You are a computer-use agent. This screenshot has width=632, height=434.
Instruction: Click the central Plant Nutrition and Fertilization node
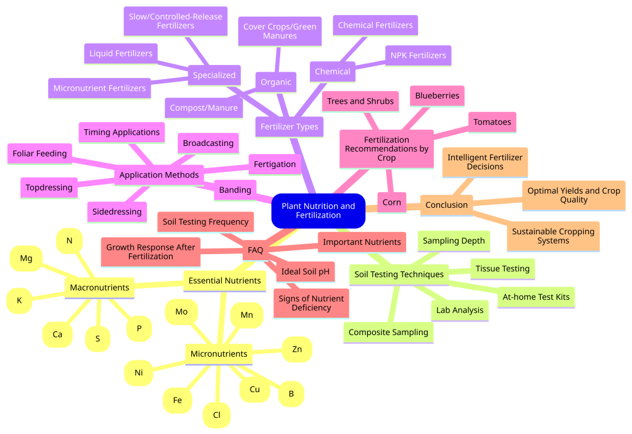tap(318, 211)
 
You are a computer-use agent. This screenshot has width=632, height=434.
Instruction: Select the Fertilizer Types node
tap(289, 127)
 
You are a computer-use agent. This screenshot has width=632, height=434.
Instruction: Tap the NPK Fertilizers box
tap(418, 56)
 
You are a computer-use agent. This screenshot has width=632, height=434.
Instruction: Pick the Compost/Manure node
tap(204, 108)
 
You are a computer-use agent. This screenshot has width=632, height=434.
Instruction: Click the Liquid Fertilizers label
tap(121, 54)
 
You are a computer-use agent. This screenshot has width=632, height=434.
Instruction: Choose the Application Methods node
tap(159, 175)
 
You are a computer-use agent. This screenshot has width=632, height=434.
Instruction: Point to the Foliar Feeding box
tap(39, 154)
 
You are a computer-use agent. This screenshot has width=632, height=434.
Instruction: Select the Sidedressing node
tap(117, 212)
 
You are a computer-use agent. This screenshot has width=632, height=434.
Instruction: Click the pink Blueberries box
tap(438, 96)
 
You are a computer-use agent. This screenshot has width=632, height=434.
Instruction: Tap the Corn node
tap(392, 203)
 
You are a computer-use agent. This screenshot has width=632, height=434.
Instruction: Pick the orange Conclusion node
tap(447, 205)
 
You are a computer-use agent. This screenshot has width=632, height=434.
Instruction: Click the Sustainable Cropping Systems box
tap(554, 236)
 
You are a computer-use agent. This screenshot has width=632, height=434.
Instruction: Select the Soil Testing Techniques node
tap(399, 274)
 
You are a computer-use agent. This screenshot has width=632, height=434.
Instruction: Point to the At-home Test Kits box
tap(536, 297)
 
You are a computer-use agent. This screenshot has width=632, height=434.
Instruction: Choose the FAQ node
tap(256, 250)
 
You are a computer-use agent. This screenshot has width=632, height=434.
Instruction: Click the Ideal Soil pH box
tap(305, 271)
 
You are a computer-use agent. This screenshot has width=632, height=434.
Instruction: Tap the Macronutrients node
tap(99, 288)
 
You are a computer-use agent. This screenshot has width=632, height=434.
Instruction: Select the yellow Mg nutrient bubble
tap(26, 258)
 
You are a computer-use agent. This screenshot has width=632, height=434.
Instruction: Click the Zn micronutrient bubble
tap(297, 349)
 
